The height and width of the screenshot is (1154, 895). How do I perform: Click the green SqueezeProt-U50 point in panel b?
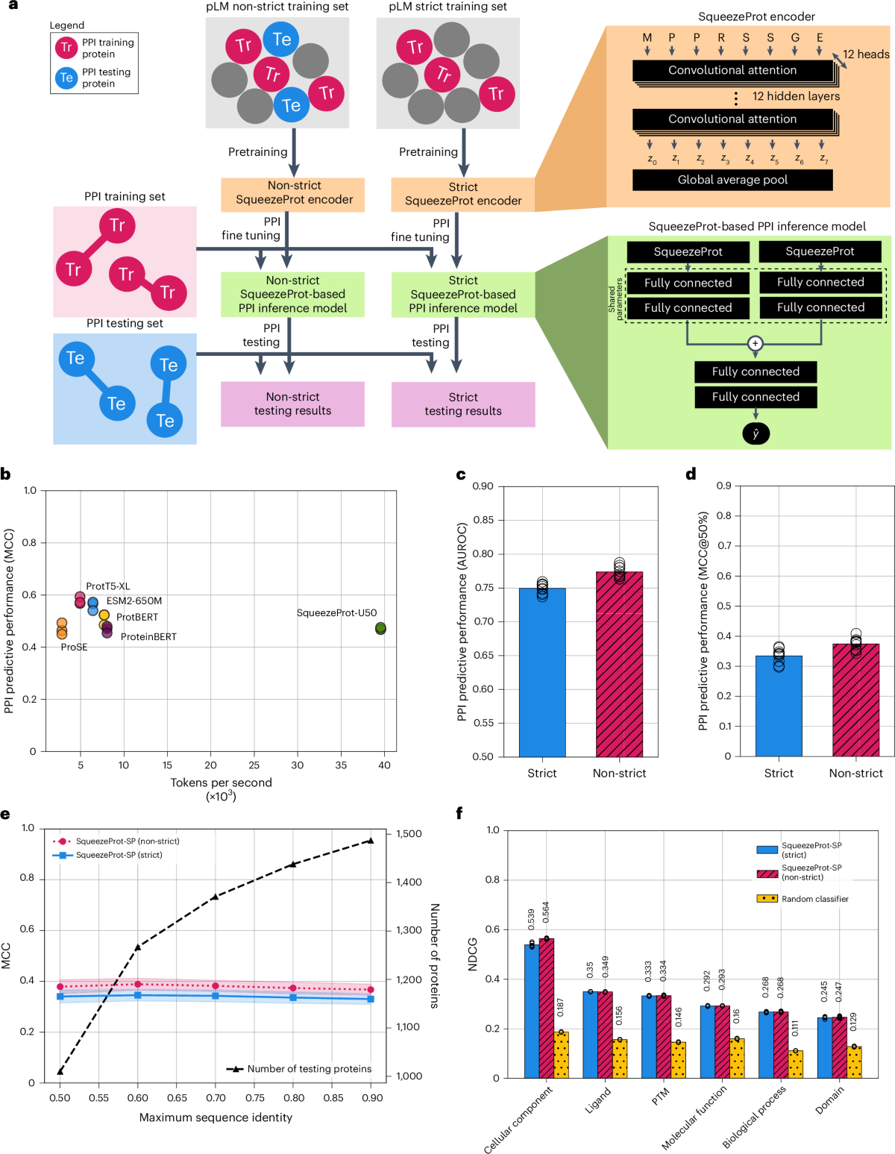[380, 628]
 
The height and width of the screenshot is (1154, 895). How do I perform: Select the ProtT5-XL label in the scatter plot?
[107, 586]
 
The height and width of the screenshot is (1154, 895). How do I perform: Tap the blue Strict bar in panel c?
[542, 671]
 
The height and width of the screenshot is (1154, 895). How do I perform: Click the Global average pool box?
[732, 180]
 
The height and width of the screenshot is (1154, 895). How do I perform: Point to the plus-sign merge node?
[756, 344]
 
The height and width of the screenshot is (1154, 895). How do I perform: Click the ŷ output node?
[756, 433]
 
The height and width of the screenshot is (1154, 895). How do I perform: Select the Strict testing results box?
[463, 404]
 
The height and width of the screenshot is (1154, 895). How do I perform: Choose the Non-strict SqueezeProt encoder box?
[293, 193]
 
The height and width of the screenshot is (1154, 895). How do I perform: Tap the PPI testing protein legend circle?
[66, 78]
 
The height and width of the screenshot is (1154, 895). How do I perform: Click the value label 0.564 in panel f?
[546, 912]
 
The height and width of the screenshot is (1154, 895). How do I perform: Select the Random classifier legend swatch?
[767, 899]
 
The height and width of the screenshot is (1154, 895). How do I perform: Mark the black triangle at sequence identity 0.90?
[370, 841]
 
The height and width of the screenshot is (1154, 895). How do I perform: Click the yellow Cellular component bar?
[561, 1055]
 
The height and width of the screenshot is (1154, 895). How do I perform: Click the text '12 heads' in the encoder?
[866, 54]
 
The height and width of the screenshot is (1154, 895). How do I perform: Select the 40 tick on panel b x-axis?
[384, 765]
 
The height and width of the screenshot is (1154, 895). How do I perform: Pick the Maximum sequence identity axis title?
[216, 1117]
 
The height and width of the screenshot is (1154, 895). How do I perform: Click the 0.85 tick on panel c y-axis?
[483, 520]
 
